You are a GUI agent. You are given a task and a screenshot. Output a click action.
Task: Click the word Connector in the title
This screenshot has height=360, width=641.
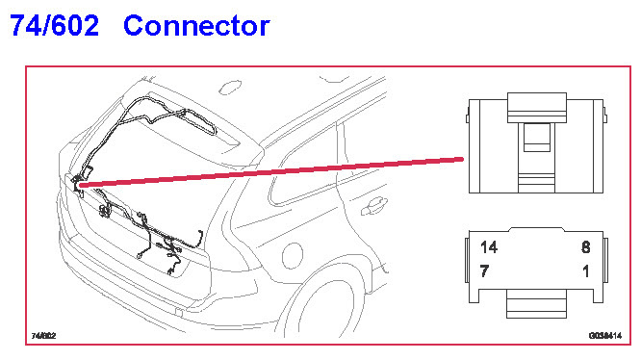point(196,26)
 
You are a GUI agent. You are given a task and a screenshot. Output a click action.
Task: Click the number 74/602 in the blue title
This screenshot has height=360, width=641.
point(54,25)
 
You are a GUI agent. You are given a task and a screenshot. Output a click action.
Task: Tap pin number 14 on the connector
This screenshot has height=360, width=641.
point(489,247)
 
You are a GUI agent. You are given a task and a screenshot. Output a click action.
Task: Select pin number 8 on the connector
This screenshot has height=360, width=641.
point(586,247)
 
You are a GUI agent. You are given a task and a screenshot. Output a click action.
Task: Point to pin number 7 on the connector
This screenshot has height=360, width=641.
point(484,270)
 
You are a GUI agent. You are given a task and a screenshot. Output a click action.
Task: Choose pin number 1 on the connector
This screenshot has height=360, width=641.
point(586,270)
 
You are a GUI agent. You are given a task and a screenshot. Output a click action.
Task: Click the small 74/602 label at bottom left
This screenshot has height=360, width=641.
point(43,336)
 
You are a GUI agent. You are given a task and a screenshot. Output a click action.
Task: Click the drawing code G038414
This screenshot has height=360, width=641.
point(605,336)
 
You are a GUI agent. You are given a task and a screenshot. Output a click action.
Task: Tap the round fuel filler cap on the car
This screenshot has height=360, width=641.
point(293,255)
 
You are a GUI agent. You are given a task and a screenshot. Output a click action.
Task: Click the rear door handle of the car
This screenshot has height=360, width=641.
point(374,206)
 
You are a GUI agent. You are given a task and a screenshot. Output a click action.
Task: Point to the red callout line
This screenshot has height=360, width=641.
point(271,172)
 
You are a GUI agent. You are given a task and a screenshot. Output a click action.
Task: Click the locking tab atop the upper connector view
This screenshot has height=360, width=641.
point(537,108)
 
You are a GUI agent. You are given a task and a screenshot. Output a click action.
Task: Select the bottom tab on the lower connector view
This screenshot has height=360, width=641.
point(536,303)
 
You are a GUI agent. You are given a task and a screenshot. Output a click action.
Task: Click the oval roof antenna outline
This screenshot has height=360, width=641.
point(230,87)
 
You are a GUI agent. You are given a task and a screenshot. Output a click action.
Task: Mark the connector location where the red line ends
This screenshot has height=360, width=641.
point(78,185)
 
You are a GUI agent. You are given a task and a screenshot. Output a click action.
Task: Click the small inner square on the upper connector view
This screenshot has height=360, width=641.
point(537,138)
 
